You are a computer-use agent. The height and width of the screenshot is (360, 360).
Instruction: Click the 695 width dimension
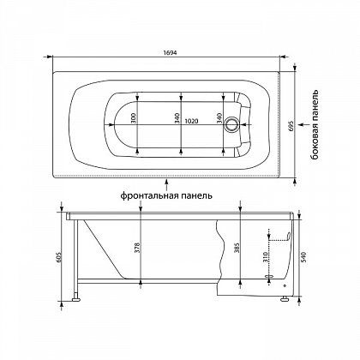[x=291, y=125]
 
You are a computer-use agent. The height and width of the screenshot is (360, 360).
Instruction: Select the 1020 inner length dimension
[x=191, y=121]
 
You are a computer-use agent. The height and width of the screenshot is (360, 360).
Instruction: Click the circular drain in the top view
[x=231, y=125]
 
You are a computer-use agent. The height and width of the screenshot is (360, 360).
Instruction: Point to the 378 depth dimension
[x=137, y=248]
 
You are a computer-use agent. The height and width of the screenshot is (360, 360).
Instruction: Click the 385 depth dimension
[x=237, y=248]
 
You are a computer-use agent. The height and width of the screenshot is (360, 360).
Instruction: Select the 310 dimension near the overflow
[x=265, y=257]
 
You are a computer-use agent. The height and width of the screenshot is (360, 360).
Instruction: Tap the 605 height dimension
[x=59, y=257]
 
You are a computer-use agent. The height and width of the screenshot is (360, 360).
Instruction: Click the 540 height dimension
[x=303, y=257]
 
